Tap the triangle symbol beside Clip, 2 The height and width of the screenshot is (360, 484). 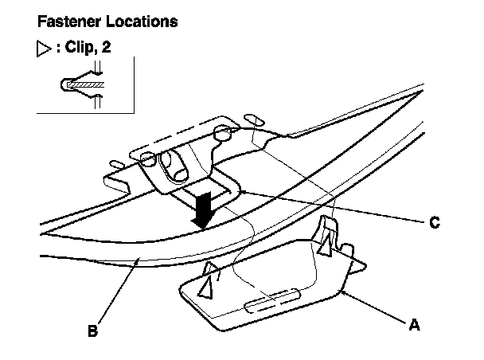click(x=44, y=49)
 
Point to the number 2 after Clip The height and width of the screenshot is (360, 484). click(x=107, y=48)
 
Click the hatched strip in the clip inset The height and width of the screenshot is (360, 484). click(x=86, y=83)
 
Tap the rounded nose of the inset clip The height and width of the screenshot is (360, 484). click(x=63, y=84)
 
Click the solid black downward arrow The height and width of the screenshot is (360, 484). click(x=205, y=209)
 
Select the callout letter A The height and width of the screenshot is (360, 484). click(x=413, y=324)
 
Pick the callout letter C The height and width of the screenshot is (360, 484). click(x=435, y=223)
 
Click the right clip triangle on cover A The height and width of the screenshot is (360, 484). click(x=326, y=246)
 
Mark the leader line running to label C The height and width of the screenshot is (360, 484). click(x=334, y=209)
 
